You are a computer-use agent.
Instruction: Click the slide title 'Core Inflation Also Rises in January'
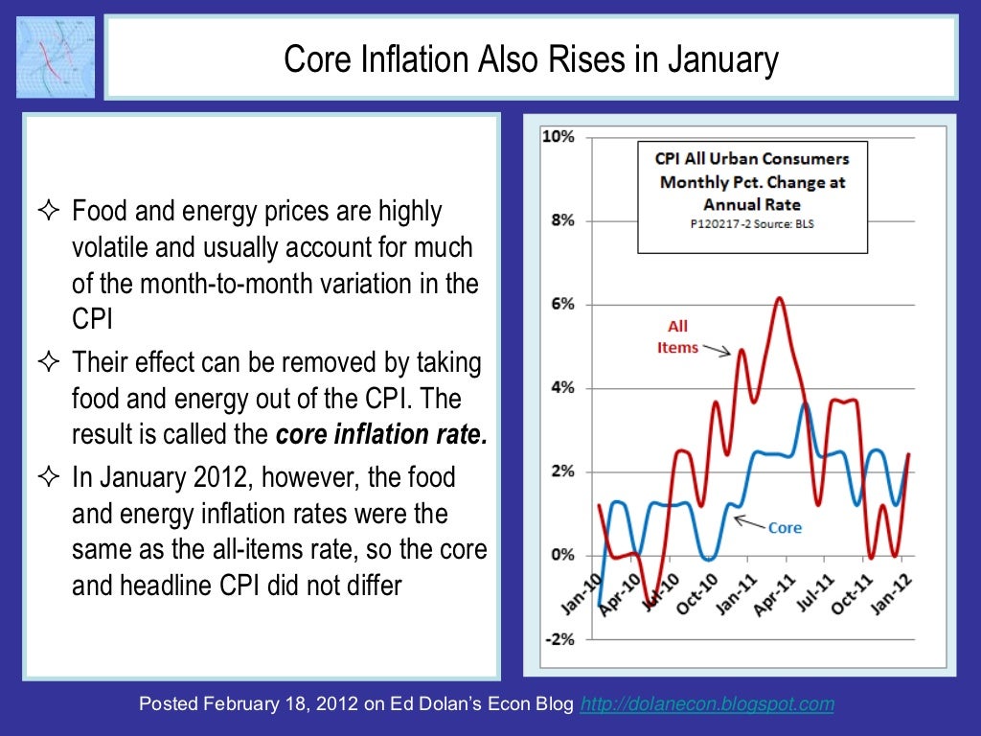point(531,61)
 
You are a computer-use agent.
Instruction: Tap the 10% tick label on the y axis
point(559,137)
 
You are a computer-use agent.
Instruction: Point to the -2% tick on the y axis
point(559,639)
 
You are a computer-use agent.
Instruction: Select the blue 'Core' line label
point(786,528)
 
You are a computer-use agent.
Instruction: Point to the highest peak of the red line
point(779,298)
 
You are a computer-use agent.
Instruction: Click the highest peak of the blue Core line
point(806,404)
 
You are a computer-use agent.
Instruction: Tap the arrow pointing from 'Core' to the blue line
point(751,523)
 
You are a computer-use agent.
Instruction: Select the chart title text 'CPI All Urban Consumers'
point(751,158)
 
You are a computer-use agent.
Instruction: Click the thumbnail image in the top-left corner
point(56,56)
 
